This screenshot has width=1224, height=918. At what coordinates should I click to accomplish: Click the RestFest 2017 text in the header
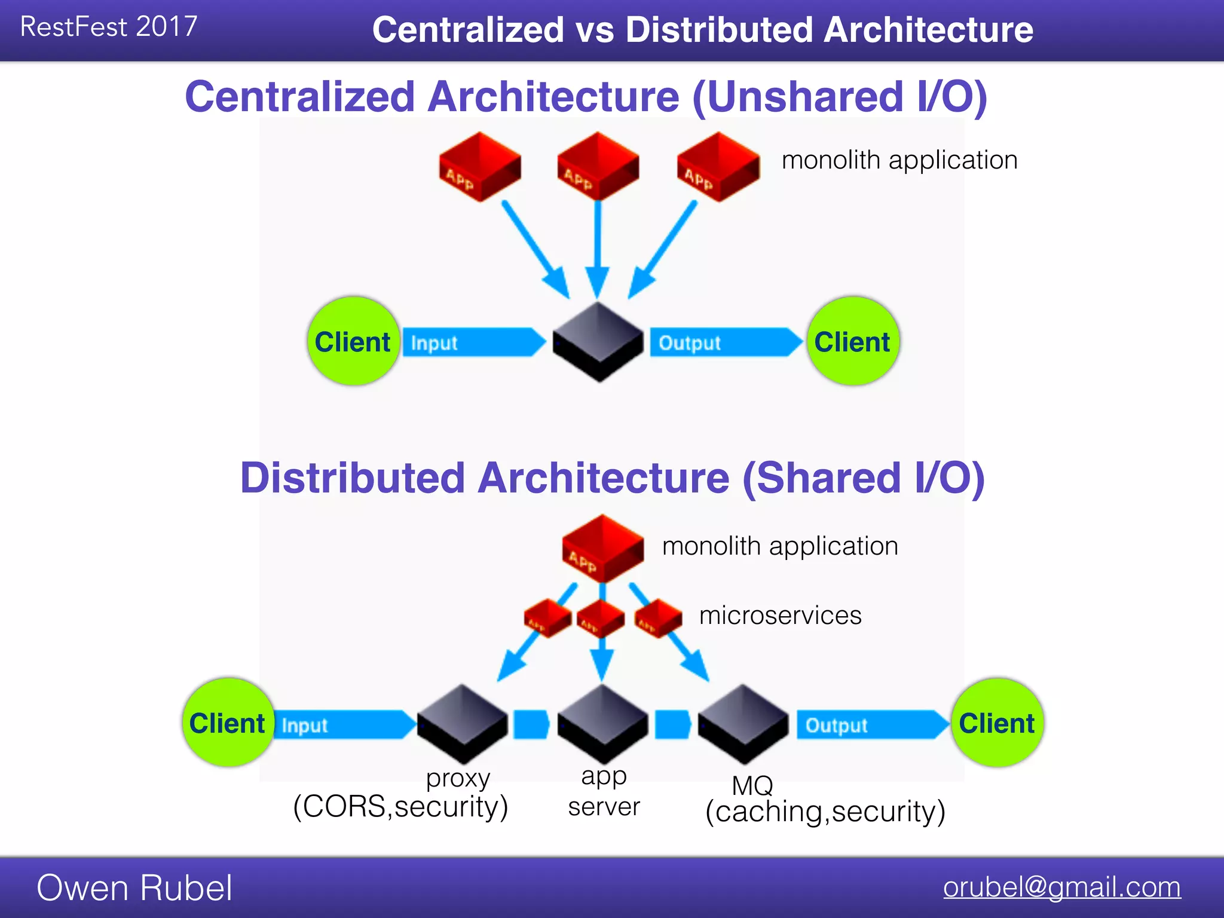coord(108,27)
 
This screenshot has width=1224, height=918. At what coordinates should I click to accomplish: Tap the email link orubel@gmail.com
coord(1061,887)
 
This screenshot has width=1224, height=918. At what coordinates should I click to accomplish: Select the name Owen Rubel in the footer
coord(134,888)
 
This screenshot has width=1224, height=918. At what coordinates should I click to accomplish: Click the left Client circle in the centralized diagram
coord(353,341)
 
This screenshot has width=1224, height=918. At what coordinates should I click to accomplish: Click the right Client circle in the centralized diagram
coord(852,341)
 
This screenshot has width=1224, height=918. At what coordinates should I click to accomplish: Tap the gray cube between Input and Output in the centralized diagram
coord(598,342)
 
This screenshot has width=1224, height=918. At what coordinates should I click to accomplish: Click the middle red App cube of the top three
coord(598,167)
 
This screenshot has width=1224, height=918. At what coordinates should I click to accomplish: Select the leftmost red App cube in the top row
coord(479,167)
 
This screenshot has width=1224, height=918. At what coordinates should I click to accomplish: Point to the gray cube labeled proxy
coord(462,723)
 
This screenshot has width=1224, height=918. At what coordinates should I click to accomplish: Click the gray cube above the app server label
coord(602,723)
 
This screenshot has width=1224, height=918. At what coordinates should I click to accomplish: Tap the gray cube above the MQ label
coord(743,723)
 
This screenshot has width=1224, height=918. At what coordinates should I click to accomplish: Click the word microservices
coord(780,615)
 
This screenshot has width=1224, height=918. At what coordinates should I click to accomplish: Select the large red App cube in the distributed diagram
coord(602,548)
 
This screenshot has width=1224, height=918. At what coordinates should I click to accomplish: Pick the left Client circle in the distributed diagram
coord(228,723)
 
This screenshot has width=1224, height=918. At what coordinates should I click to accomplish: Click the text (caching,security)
coord(825,812)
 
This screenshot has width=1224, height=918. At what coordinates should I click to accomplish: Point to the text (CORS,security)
coord(400,806)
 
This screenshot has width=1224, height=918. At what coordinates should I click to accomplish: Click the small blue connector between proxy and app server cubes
coord(531,724)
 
